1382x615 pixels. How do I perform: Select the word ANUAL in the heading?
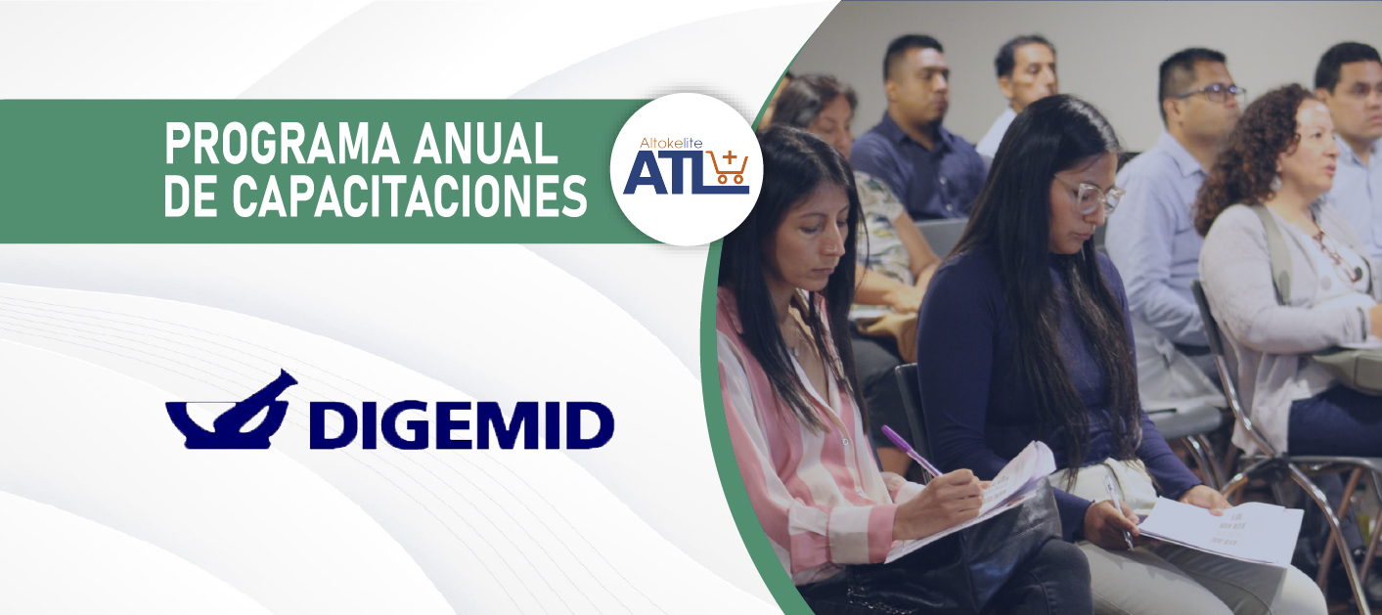(x=486, y=144)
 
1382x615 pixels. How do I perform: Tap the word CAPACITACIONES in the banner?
(x=410, y=196)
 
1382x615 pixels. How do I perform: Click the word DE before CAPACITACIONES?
(x=191, y=196)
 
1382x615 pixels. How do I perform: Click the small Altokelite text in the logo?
(x=671, y=143)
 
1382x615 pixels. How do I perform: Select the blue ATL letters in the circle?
(x=666, y=172)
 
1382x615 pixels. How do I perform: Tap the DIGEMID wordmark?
(x=462, y=425)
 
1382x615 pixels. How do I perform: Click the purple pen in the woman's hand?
(x=911, y=451)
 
